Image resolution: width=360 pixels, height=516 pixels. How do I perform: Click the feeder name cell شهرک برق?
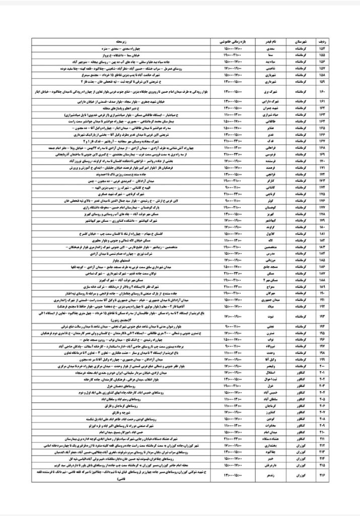265,93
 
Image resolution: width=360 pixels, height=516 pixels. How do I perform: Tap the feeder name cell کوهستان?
265,207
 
